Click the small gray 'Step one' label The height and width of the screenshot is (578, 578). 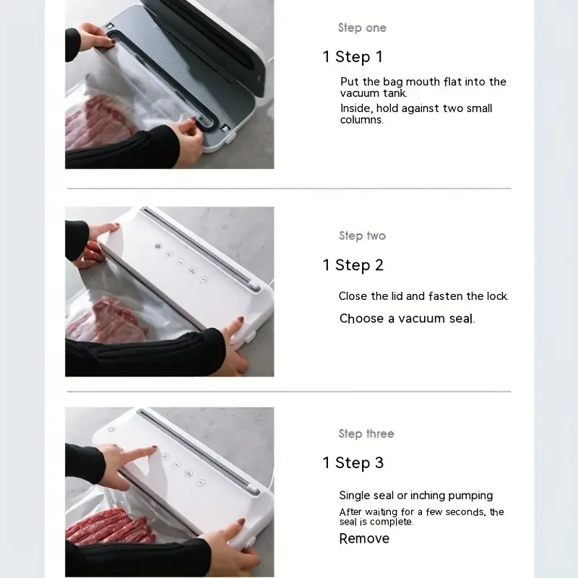pos(362,28)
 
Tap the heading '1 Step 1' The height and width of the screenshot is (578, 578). pos(353,57)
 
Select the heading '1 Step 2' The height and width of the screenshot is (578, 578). pos(353,265)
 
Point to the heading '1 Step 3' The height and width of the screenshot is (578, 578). pos(353,463)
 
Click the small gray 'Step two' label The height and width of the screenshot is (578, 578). pos(362,236)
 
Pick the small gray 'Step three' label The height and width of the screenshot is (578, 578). pos(366,434)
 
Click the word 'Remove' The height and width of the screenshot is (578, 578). pos(364,538)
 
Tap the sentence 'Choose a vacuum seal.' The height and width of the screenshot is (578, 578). pos(407,319)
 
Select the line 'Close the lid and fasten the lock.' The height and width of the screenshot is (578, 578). pos(423,296)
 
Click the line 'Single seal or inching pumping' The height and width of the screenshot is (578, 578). pos(416,496)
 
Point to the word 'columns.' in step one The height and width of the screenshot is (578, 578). pos(362,120)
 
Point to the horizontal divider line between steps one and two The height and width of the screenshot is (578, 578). pos(289,189)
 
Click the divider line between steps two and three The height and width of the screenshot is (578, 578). pos(289,392)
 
